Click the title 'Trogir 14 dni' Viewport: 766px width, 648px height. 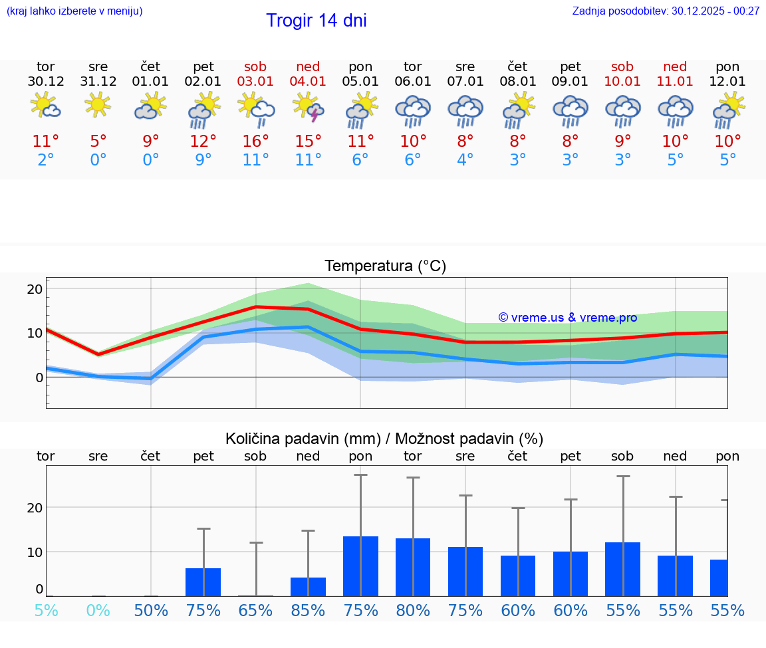pos(316,21)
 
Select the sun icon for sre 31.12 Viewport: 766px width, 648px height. pos(98,104)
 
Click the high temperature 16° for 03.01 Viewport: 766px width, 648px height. pos(255,142)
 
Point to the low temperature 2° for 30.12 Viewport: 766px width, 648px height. pos(45,160)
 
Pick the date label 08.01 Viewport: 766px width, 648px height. pos(517,82)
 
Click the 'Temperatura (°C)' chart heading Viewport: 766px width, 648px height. pos(385,267)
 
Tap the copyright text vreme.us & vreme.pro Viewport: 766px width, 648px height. pos(567,318)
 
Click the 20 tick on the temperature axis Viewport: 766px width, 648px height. pos(35,289)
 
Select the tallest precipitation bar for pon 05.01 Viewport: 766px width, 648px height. pos(360,566)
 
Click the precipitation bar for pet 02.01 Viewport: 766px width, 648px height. pos(203,582)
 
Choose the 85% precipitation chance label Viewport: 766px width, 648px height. pos(308,611)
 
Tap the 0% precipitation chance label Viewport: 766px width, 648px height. pos(98,611)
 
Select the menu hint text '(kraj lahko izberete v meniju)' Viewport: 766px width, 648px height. pos(74,11)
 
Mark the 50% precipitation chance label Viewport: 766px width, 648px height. pos(151,611)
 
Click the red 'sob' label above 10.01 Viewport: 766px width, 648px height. pos(622,66)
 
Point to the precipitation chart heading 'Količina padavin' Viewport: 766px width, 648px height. pos(384,439)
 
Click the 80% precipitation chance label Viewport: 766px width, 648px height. pos(413,611)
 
